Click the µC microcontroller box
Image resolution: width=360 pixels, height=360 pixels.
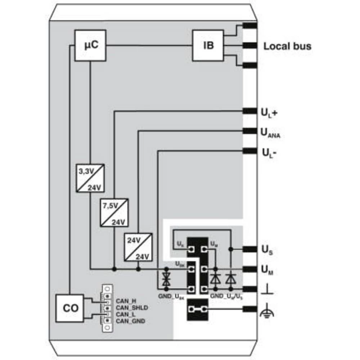point(91,45)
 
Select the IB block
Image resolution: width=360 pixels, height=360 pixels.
point(208,45)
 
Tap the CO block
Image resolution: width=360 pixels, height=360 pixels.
point(70,309)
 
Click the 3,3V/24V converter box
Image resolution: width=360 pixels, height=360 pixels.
point(90,178)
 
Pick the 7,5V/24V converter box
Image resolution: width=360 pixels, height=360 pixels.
point(114,212)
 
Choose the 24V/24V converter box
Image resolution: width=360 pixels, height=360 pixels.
point(138,247)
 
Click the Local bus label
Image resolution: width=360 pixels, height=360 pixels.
point(287,46)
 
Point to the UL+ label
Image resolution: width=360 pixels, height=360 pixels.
point(269,113)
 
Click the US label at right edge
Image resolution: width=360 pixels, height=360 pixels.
point(267,249)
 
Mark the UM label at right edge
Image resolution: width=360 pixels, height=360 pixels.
point(267,270)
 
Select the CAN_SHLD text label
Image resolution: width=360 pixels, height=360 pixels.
point(132,307)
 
